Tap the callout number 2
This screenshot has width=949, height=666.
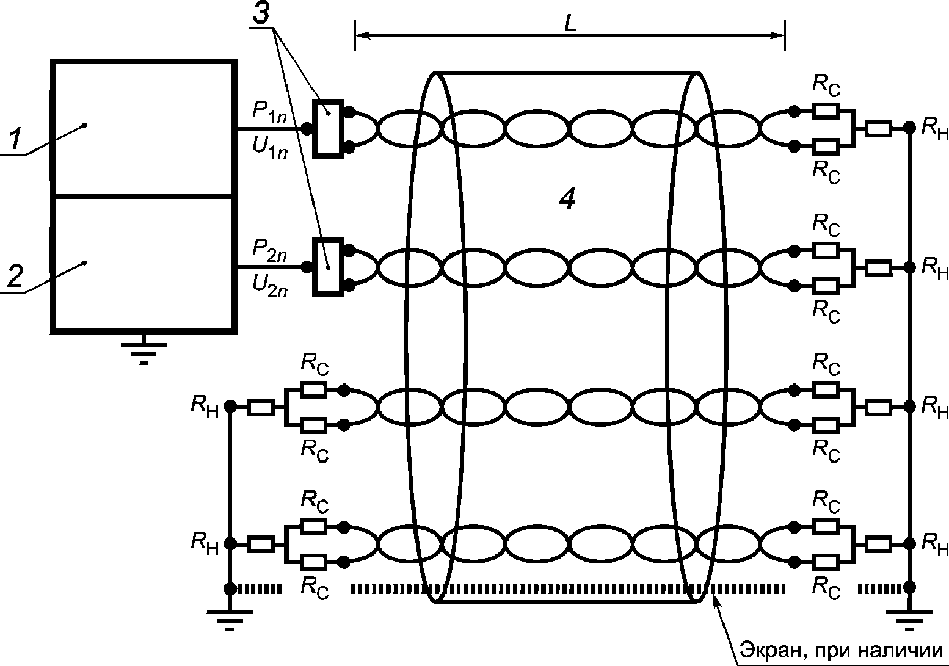(15, 277)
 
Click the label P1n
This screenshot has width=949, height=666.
(269, 112)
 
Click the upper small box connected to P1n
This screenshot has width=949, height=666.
(328, 129)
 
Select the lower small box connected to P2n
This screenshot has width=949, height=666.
(328, 267)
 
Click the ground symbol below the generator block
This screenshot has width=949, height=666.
(144, 350)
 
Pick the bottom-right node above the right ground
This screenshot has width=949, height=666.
(910, 587)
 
